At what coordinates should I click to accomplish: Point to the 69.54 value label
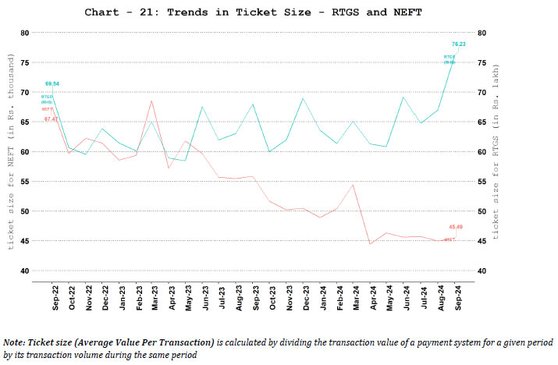[x=52, y=83]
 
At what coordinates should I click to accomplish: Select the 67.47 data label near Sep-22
[x=50, y=119]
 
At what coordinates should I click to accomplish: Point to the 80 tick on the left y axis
[x=24, y=33]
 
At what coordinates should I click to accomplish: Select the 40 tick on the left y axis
[x=24, y=271]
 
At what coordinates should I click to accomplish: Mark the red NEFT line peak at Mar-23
[x=151, y=101]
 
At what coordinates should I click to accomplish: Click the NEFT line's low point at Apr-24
[x=370, y=244]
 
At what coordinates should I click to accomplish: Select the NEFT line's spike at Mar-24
[x=354, y=185]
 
